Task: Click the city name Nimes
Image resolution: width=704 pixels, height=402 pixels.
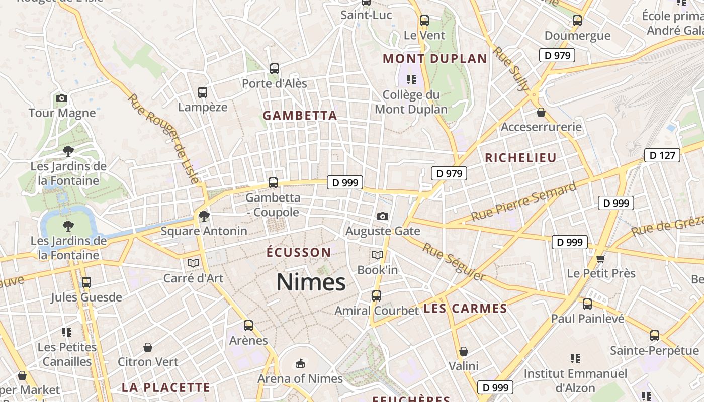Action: coord(311,282)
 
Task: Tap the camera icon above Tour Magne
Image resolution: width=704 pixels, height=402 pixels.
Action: coord(62,98)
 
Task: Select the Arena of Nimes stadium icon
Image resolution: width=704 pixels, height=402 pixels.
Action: coord(300,363)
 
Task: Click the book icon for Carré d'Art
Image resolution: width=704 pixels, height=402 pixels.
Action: coord(193,263)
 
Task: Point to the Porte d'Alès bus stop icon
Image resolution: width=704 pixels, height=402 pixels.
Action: coord(274,69)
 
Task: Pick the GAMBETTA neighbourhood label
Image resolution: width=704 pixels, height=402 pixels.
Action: coord(300,116)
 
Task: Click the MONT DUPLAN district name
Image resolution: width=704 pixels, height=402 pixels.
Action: coord(435,59)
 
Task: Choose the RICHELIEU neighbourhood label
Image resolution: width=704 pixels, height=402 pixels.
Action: coord(520,158)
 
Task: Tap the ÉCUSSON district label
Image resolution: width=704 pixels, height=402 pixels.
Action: coord(299,252)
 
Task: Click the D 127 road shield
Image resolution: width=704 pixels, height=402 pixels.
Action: coord(662,155)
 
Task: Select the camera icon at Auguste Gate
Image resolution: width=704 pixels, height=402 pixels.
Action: coord(383,216)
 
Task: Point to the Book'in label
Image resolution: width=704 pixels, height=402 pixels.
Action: coord(377,270)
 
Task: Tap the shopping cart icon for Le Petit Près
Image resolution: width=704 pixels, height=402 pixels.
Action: coord(600,259)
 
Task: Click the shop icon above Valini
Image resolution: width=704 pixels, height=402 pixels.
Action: coord(463,351)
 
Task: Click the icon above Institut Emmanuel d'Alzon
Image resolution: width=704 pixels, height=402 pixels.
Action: coord(575,359)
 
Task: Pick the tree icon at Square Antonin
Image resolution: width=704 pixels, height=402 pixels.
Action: coord(204,216)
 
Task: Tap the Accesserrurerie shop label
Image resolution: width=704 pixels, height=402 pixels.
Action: coord(541,127)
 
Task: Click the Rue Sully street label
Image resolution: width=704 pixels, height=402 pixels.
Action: coord(511,68)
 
